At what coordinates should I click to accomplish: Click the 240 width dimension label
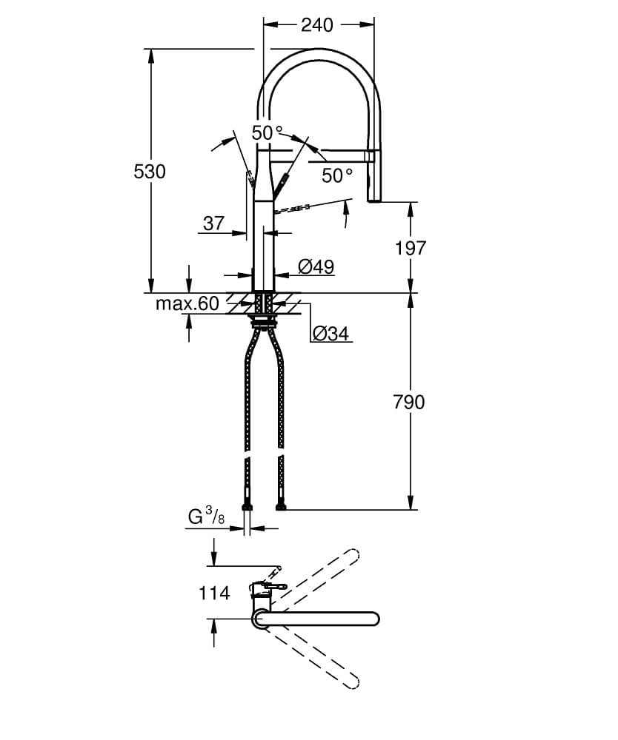317,24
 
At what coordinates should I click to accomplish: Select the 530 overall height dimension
149,171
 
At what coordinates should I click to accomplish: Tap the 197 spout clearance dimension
411,247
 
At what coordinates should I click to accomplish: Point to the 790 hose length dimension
410,402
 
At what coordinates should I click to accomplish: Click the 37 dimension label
213,223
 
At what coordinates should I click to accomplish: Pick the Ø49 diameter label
316,266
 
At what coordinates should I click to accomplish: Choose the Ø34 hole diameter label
330,334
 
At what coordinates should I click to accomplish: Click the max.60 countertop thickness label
187,303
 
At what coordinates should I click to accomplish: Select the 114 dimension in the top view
214,593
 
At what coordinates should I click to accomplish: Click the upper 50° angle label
267,133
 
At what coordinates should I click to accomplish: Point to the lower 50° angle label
337,175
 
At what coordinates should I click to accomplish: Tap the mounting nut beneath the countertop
263,321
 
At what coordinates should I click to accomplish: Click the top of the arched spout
319,54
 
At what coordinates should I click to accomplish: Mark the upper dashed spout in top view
319,575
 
